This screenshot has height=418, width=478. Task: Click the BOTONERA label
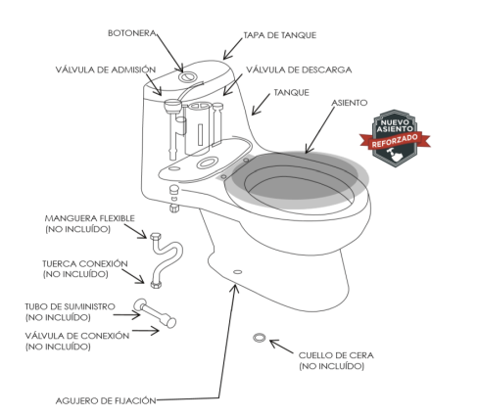(132, 33)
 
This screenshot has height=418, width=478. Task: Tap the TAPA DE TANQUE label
(280, 35)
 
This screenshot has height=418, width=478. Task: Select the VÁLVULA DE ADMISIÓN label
(106, 70)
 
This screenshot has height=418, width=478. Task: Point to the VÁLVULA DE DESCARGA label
(299, 70)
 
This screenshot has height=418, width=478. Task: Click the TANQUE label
(291, 93)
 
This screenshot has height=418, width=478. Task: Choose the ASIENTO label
(350, 103)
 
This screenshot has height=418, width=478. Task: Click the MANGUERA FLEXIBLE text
(89, 218)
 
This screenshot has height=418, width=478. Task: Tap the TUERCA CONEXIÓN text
(85, 263)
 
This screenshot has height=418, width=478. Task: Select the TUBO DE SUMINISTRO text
(70, 306)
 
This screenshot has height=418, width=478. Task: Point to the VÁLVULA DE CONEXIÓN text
(77, 336)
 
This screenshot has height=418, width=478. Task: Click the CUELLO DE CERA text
(336, 355)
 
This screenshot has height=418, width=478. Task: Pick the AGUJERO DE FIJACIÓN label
(106, 400)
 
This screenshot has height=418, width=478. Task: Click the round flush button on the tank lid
(187, 76)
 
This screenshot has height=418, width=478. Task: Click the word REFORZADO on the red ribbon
(395, 140)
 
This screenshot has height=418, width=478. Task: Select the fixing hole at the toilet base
(238, 271)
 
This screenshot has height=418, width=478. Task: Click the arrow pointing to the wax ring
(281, 347)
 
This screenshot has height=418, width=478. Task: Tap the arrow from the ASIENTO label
(320, 130)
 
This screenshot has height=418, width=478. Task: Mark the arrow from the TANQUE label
(261, 105)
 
